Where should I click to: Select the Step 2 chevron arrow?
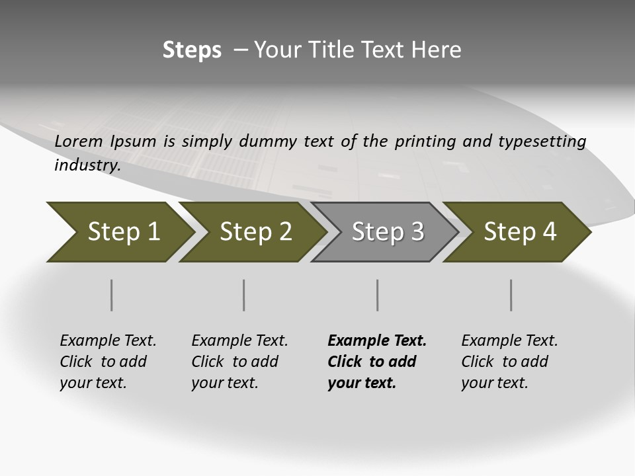pos(251,232)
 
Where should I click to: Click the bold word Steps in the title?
pos(192,50)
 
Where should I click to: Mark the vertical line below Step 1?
pos(112,295)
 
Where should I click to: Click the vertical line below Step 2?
pos(244,295)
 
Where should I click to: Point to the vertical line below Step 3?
pos(378,295)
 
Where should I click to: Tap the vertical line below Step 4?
pos(511,295)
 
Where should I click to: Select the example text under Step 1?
pos(108,362)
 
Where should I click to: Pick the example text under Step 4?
pos(509,362)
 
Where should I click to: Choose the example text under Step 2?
pos(239,362)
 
